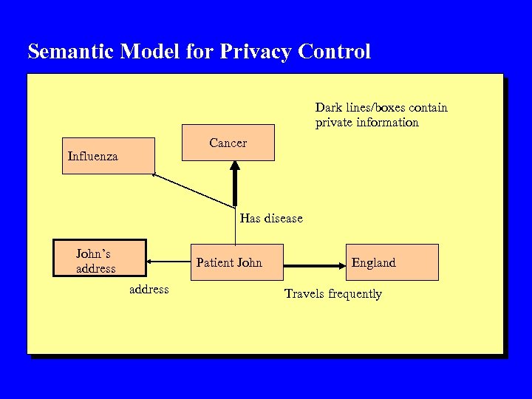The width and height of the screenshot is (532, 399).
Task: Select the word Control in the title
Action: pyautogui.click(x=334, y=52)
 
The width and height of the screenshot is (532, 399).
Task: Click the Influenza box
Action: pyautogui.click(x=109, y=156)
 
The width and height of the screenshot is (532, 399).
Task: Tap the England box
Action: pyautogui.click(x=392, y=262)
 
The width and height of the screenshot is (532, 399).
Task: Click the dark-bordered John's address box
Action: pyautogui.click(x=100, y=258)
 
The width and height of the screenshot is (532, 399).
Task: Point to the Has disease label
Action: pyautogui.click(x=271, y=219)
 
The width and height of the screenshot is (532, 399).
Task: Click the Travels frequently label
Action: pyautogui.click(x=332, y=294)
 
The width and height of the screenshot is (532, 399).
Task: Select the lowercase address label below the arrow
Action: pyautogui.click(x=149, y=290)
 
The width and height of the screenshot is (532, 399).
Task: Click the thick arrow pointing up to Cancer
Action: pyautogui.click(x=235, y=185)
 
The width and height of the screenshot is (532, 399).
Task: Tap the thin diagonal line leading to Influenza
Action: pyautogui.click(x=192, y=191)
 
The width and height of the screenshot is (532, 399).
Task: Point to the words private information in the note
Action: pyautogui.click(x=366, y=123)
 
